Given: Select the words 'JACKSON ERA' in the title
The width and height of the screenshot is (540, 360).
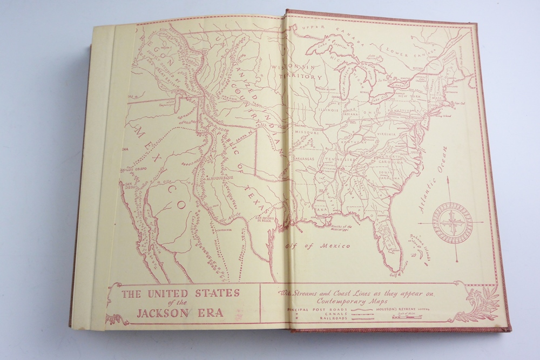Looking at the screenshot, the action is [x=181, y=311].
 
